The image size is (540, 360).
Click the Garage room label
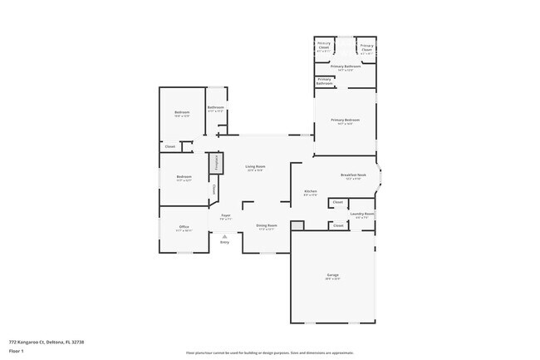(332, 275)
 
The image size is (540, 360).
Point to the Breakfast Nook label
(353, 175)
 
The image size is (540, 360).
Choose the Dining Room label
(266, 226)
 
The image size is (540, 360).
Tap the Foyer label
(225, 216)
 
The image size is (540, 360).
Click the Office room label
(184, 227)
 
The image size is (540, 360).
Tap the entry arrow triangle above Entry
(224, 235)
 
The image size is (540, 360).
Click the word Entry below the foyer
(224, 243)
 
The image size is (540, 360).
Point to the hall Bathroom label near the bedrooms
(216, 108)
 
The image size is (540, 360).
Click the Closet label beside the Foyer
(214, 190)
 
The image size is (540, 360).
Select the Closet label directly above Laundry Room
(337, 202)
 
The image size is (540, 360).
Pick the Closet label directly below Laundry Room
(337, 224)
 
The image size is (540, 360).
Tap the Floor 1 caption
(17, 352)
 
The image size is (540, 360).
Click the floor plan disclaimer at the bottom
(269, 353)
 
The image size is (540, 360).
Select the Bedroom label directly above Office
(184, 177)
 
